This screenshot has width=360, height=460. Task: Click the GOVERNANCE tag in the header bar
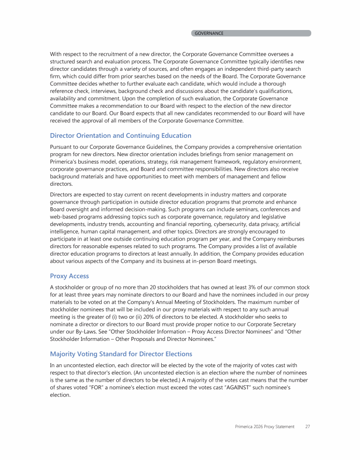pos(209,33)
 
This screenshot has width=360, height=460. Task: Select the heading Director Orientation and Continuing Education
pos(120,136)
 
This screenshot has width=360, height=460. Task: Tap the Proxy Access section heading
pos(69,276)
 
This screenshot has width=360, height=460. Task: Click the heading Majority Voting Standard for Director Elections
pos(121,354)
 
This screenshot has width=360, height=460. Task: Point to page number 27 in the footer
pos(307,427)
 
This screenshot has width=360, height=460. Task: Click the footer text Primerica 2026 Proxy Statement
pos(265,427)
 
